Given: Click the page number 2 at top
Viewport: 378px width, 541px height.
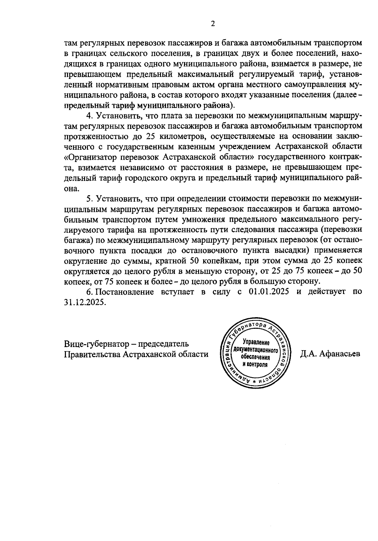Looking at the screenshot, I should point(213,24).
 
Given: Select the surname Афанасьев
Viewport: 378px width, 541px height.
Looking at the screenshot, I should point(339,354).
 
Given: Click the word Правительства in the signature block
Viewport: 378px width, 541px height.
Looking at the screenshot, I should point(92,354).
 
